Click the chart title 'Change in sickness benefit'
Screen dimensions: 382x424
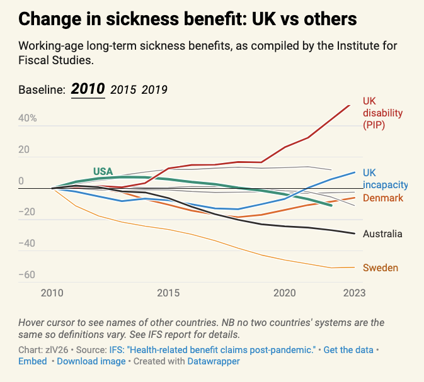pos(188,20)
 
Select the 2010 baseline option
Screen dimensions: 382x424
pos(88,89)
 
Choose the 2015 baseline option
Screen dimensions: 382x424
pos(123,89)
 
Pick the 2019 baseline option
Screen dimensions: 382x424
pos(154,89)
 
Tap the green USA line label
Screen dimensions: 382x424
pos(103,171)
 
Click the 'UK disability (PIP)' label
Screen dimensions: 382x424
pos(382,113)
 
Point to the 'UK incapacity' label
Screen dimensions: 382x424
pos(385,179)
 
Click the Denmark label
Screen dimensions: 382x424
pos(383,198)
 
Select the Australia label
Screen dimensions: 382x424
pos(382,233)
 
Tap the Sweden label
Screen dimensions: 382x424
pos(380,267)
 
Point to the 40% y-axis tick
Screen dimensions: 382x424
pos(28,118)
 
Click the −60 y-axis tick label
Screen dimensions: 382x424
pos(27,275)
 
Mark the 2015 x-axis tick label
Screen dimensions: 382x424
pos(168,293)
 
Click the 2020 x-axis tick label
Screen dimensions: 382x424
pos(285,293)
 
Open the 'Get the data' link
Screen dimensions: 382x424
pos(348,349)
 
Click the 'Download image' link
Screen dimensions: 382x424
pos(91,361)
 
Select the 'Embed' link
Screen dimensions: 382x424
pos(33,361)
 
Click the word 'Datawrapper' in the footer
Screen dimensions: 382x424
pos(210,361)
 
